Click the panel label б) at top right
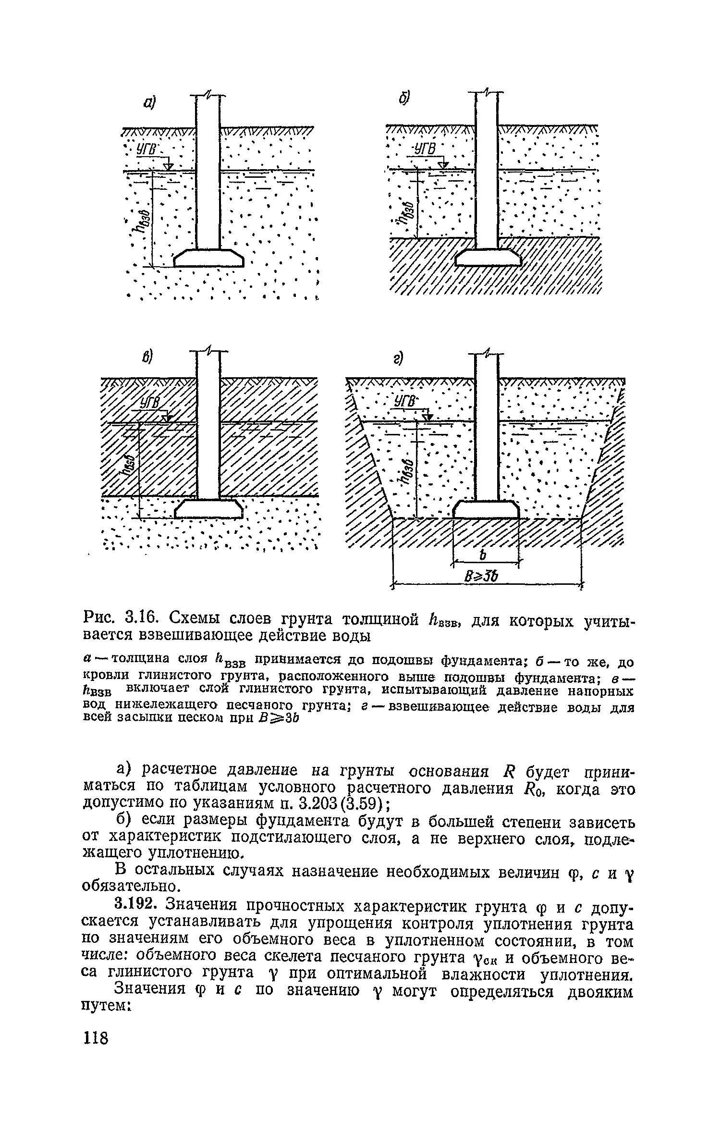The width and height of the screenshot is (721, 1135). [403, 98]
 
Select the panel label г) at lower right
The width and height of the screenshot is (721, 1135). [398, 358]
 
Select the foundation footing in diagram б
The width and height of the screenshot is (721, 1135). [488, 258]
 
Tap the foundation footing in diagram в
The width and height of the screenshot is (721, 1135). [208, 509]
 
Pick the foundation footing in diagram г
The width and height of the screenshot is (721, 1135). [486, 509]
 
